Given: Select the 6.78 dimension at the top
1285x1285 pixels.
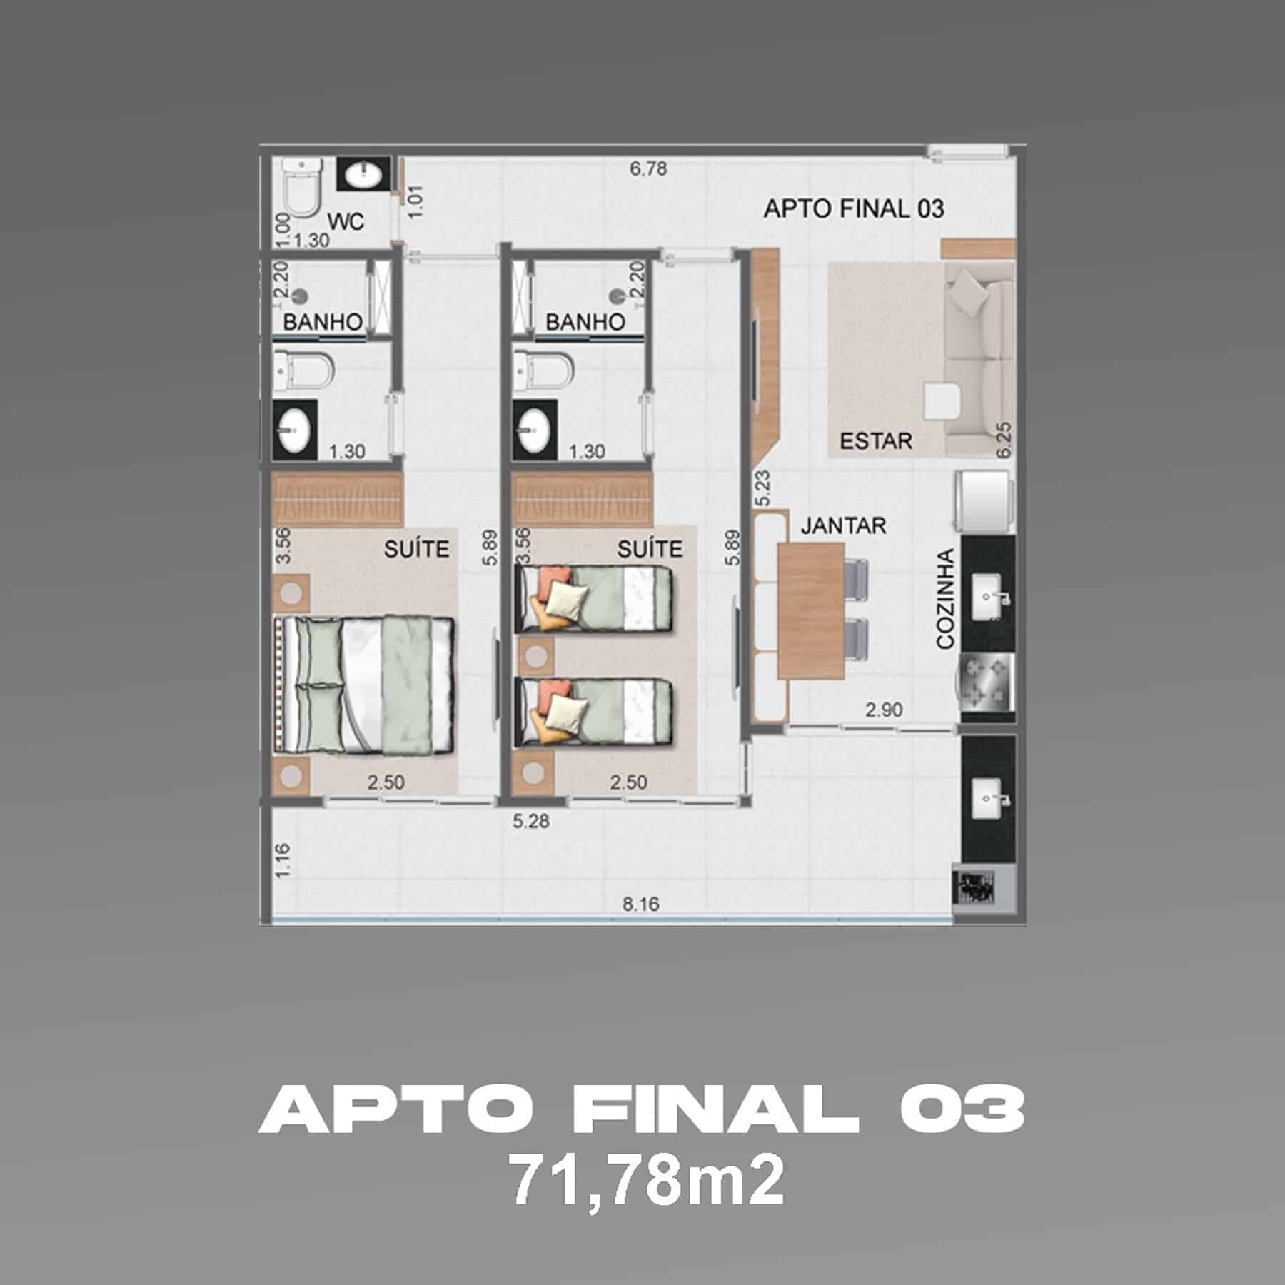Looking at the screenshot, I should pos(647,169).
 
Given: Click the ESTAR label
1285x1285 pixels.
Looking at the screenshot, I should pos(875,441).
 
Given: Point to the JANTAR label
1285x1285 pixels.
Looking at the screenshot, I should pos(843,526).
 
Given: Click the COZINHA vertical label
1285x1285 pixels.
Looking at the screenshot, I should pos(946,599).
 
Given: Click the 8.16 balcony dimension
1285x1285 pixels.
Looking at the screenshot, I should pos(640,904).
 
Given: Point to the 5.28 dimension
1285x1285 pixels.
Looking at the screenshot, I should pos(531,821).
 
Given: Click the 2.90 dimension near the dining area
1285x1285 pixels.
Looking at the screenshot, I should pos(883,710).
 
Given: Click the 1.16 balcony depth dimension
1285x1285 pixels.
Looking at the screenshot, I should pos(283,860).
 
